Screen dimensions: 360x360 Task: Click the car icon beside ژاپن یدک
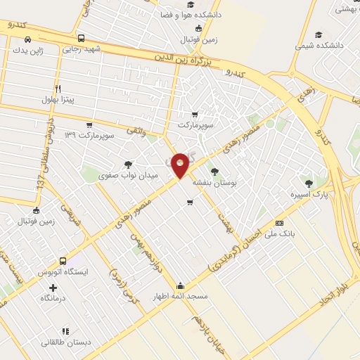(x=27, y=39)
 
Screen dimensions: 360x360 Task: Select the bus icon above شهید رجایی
(x=82, y=38)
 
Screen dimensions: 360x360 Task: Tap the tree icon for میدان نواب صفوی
(x=127, y=164)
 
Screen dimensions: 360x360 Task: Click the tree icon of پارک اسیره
(x=309, y=182)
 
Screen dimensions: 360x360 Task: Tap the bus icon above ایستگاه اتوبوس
(x=63, y=261)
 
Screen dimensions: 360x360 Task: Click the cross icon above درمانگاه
(x=53, y=288)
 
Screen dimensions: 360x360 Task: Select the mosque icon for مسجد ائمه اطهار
(x=181, y=285)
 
